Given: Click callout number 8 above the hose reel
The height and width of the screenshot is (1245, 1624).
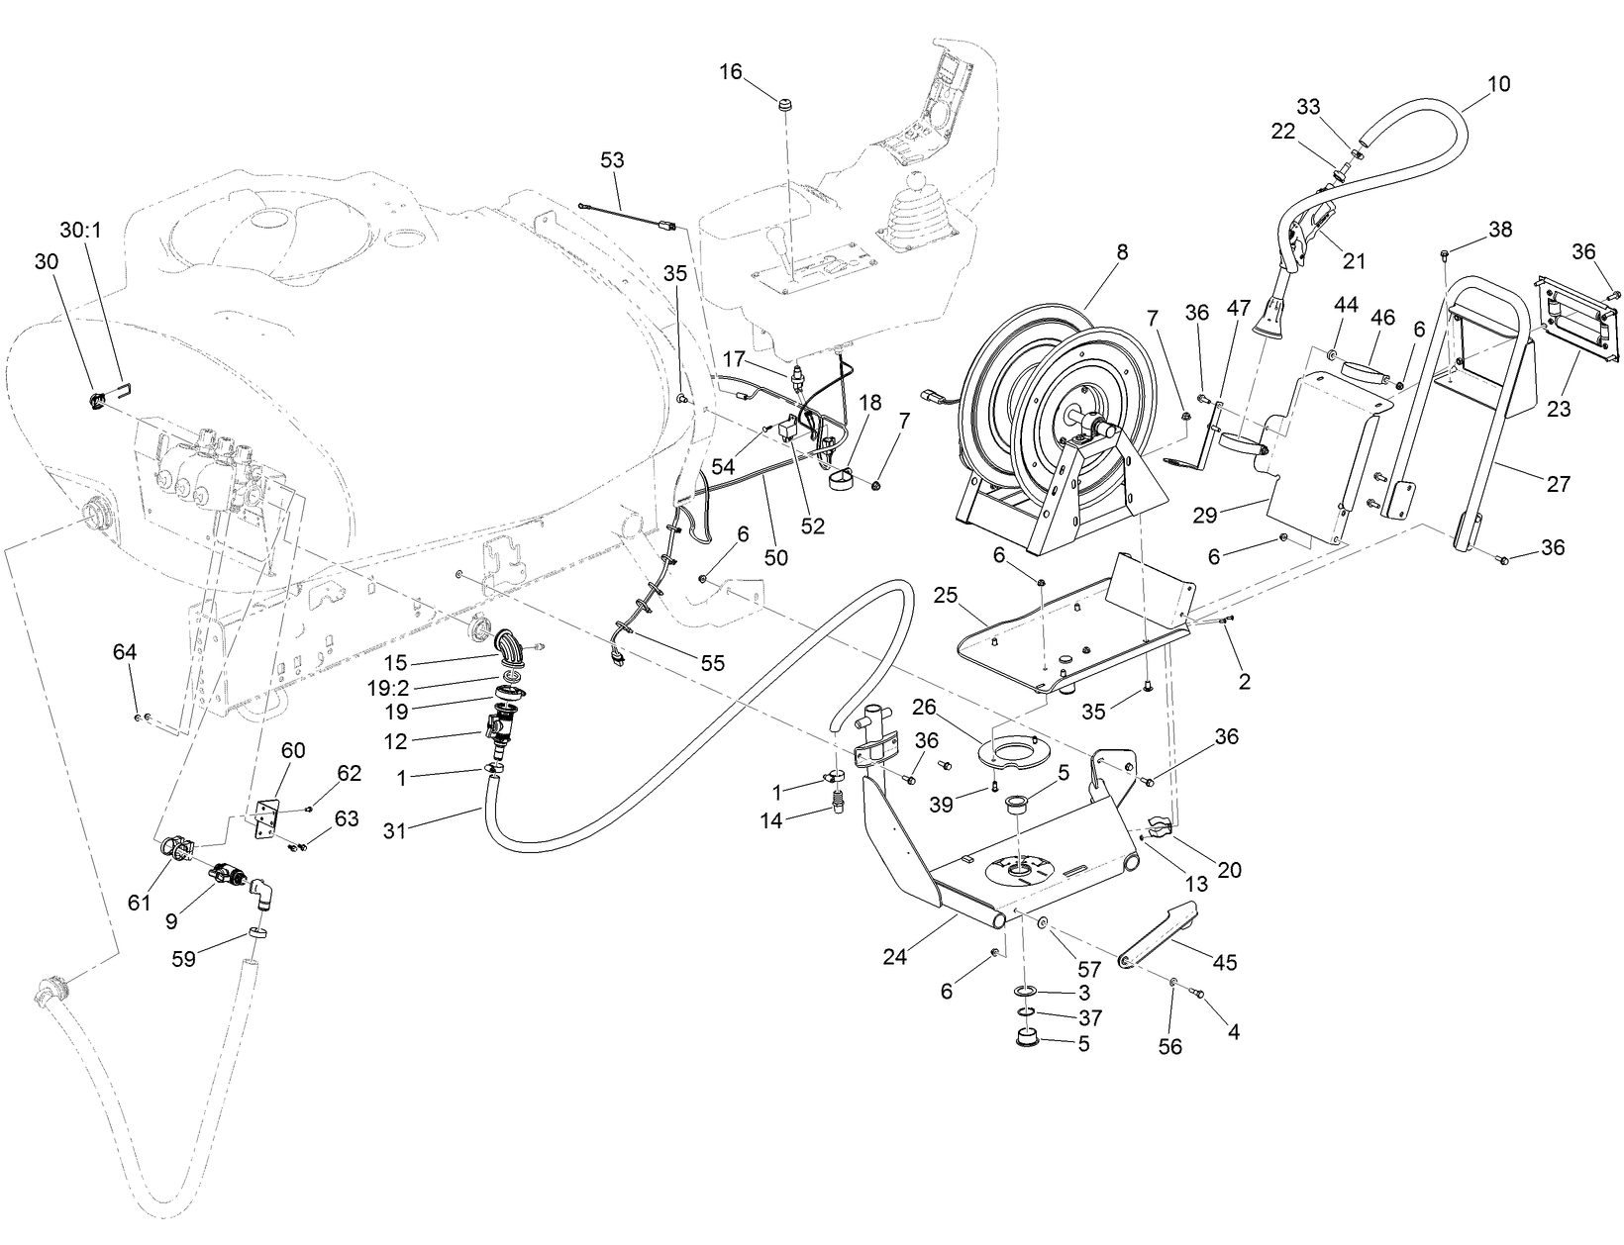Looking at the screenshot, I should [x=1121, y=252].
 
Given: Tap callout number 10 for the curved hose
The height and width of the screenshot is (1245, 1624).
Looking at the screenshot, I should [x=1499, y=84].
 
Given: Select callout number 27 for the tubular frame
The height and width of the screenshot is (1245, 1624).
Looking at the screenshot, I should [x=1559, y=483].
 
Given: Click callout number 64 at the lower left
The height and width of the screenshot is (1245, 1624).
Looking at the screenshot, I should [x=125, y=652].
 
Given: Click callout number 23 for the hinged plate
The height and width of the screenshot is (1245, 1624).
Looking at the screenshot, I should [x=1559, y=407].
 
